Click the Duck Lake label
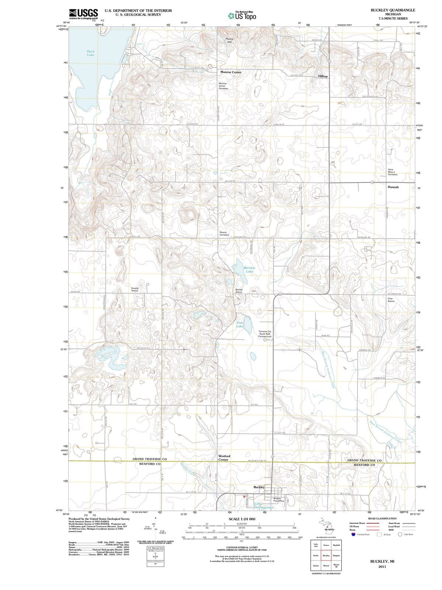[90, 53]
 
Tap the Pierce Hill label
[229, 40]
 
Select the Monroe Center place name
[231, 72]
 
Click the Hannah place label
[393, 187]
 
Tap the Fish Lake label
[240, 324]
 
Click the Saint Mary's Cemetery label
[393, 172]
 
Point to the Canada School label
[135, 289]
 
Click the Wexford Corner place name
[224, 458]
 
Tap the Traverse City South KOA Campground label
[265, 334]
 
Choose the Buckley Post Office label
[279, 500]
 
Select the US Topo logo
[242, 16]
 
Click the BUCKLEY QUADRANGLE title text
[393, 10]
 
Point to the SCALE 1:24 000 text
[242, 519]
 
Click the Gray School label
[391, 299]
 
